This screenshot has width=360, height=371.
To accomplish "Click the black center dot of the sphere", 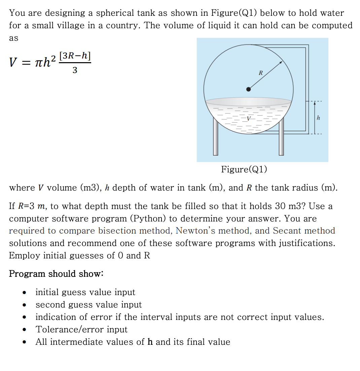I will point(248,89).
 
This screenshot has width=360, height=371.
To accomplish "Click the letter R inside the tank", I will point(260,72).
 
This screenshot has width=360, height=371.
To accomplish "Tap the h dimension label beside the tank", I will point(318,118).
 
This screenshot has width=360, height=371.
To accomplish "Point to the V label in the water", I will point(249,119).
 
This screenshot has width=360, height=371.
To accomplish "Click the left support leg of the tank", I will point(215,138).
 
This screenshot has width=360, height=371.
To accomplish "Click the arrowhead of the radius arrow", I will point(280,63).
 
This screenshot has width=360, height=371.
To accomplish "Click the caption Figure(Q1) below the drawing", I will point(244,169).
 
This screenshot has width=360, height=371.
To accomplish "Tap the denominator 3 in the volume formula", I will point(75,70).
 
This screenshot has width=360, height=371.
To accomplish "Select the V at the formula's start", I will point(13,63).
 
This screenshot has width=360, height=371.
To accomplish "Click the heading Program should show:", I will point(56,274).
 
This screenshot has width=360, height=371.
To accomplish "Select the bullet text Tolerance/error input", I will point(82,329).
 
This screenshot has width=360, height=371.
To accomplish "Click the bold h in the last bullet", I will point(150,342).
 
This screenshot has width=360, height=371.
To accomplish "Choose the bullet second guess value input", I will point(88,304).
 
